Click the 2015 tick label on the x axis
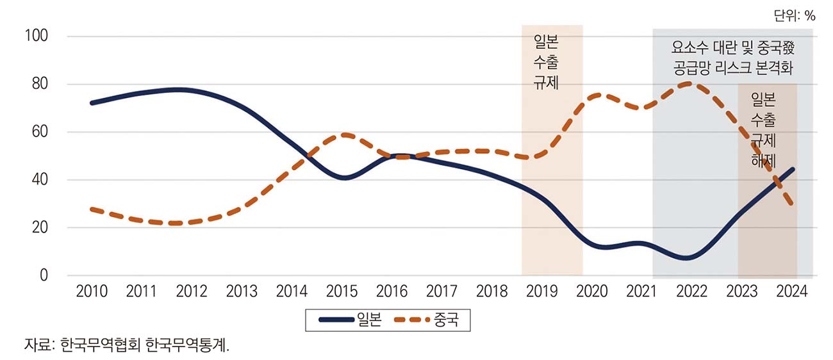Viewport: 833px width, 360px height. pos(342,292)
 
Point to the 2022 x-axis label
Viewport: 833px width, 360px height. pos(691,292)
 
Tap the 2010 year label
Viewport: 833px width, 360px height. pos(92,292)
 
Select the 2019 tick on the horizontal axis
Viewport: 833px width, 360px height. pos(541,292)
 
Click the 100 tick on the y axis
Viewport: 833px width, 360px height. pos(36,37)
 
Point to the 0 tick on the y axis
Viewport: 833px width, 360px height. pos(44,275)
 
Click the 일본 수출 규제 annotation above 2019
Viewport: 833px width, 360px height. pos(546,63)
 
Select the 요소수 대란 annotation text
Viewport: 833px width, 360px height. pos(733,56)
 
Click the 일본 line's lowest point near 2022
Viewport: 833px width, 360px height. pos(687,258)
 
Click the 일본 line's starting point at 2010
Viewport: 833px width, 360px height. pos(92,102)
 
